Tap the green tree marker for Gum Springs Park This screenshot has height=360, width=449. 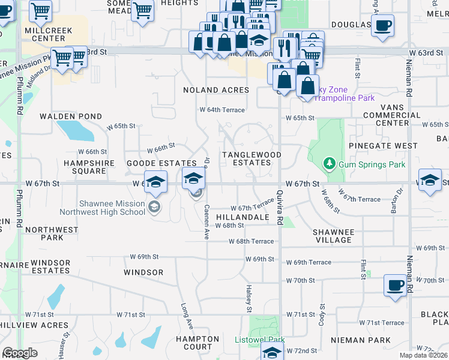click(x=329, y=163)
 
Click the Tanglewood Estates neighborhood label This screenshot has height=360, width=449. click(x=252, y=158)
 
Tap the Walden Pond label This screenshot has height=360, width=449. click(x=71, y=116)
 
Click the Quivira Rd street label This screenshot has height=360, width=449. click(x=280, y=208)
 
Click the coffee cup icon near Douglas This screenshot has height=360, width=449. click(x=382, y=25)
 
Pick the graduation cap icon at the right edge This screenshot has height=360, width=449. click(x=430, y=181)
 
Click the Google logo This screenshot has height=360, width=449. click(x=20, y=352)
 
